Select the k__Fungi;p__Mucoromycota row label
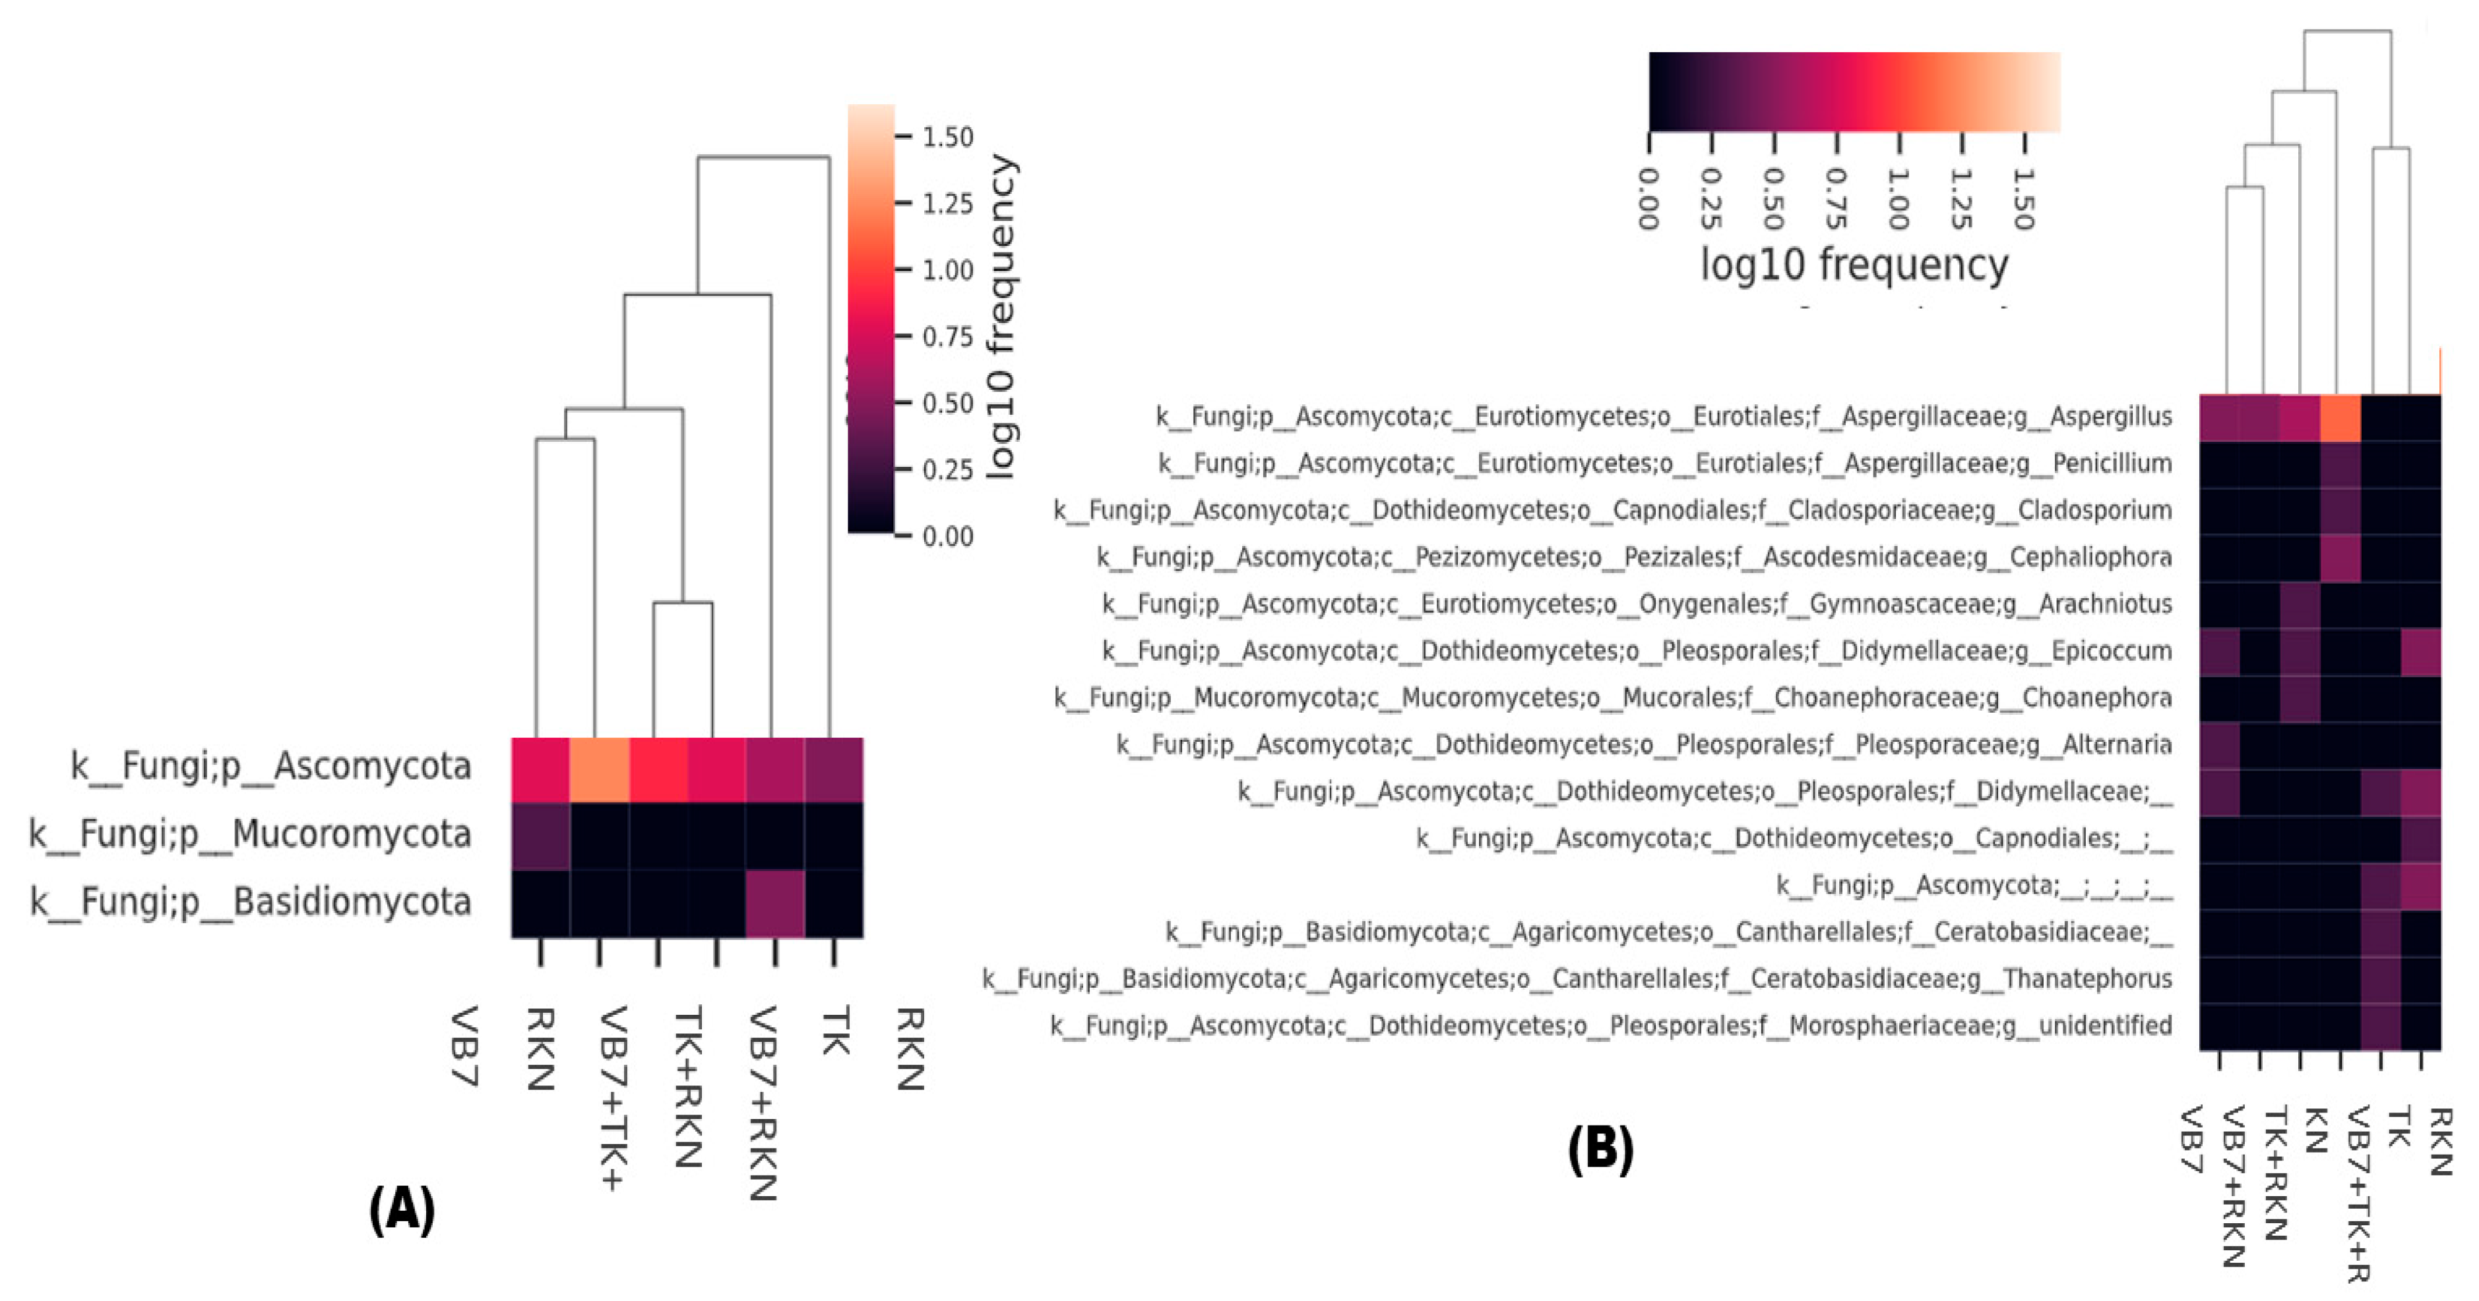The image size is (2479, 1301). (x=250, y=833)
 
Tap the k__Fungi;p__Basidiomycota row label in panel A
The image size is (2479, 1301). (x=250, y=901)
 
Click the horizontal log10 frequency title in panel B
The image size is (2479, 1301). (x=1854, y=264)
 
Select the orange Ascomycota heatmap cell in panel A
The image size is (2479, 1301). (x=600, y=770)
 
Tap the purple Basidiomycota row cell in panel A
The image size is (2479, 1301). (x=774, y=903)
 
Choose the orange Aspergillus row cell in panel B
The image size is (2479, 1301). (x=2340, y=417)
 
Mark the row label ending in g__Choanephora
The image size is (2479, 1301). (x=1612, y=698)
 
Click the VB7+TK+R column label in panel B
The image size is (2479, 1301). (x=2357, y=1194)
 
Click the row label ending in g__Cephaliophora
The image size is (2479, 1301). (x=1633, y=557)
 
